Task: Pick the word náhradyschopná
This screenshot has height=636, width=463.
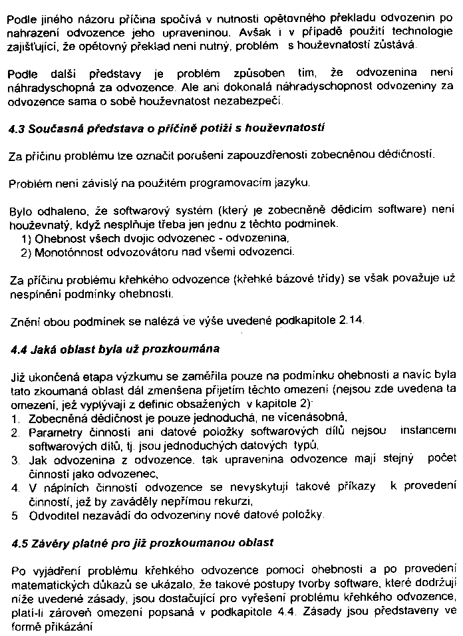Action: pyautogui.click(x=50, y=87)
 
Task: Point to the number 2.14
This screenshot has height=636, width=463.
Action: pyautogui.click(x=352, y=321)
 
